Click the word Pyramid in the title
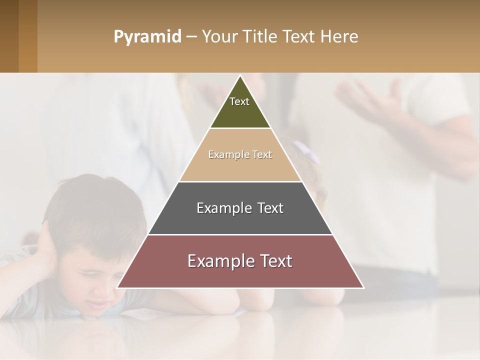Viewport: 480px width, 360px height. pos(147,37)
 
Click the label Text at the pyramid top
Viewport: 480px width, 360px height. pos(239,101)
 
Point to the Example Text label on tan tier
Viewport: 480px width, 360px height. pos(240,154)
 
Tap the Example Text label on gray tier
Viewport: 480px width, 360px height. pos(240,208)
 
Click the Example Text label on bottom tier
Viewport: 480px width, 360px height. pos(240,261)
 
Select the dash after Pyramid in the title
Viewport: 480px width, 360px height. pos(191,37)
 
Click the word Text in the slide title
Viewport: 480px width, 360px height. pos(298,37)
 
